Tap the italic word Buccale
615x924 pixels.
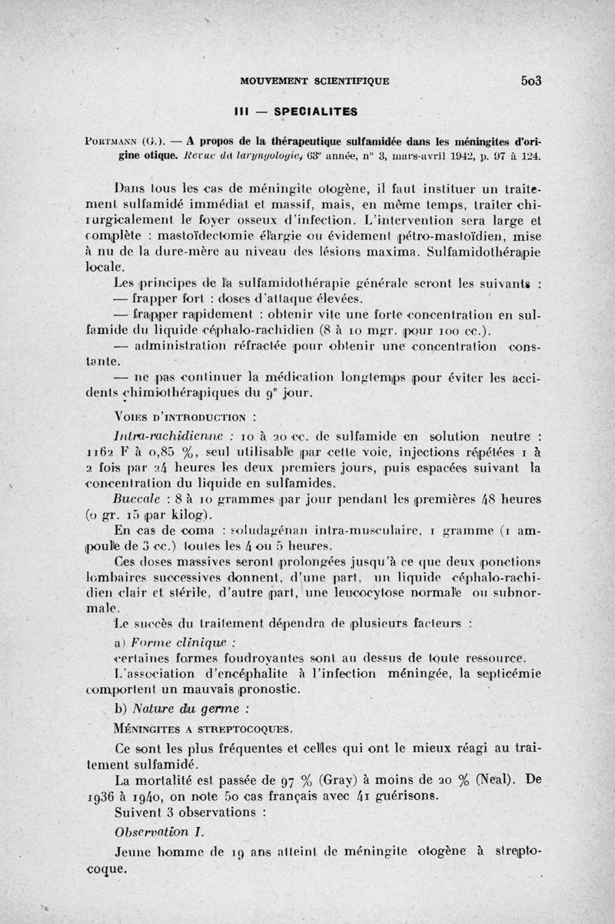click(x=135, y=499)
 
